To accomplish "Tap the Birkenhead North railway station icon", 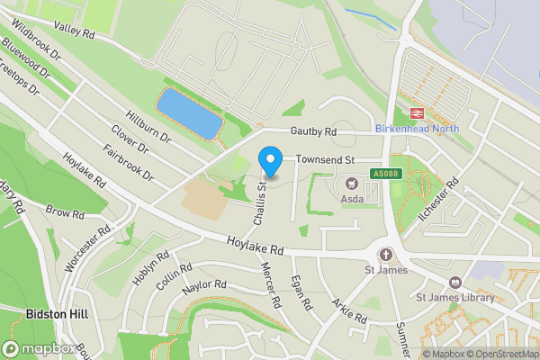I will [417, 112].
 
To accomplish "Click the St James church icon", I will [386, 254].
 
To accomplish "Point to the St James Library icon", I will [455, 283].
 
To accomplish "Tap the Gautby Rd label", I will [312, 131].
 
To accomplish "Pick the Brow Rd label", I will [64, 214].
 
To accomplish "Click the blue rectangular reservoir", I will [190, 112].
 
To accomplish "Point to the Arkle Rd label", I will [348, 311].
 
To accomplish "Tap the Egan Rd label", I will [301, 293].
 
